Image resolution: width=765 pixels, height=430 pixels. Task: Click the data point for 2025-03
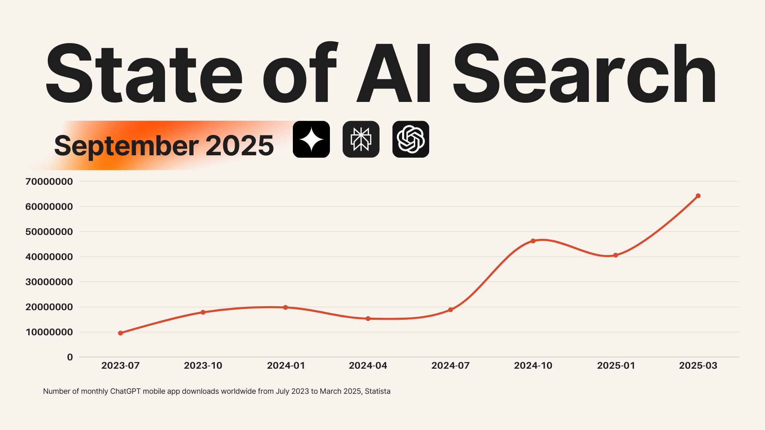tap(698, 196)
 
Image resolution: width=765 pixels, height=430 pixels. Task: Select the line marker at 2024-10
tap(533, 241)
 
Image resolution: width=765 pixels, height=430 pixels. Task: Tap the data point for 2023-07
tap(121, 333)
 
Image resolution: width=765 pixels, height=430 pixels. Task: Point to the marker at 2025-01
tap(616, 255)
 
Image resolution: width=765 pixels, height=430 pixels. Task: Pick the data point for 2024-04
tap(368, 319)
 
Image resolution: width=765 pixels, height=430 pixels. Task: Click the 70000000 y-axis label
tap(49, 182)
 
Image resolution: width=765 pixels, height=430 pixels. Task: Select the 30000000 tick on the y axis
tap(49, 282)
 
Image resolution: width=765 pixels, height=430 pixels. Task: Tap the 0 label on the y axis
tap(70, 357)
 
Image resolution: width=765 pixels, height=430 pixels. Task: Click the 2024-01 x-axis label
tap(286, 365)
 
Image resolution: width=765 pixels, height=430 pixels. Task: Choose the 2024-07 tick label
tap(450, 365)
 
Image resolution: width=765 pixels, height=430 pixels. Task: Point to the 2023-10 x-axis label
tap(203, 365)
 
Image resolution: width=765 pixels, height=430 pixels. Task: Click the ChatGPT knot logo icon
tap(411, 139)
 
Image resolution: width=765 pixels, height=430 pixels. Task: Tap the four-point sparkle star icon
tap(311, 139)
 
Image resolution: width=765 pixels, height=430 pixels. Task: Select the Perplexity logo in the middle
tap(361, 139)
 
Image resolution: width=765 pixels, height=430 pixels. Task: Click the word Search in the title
tap(584, 74)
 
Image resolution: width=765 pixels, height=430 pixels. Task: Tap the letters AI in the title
tap(394, 74)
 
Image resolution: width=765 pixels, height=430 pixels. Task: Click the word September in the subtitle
tap(126, 146)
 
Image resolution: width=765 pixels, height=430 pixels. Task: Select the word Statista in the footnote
tap(377, 391)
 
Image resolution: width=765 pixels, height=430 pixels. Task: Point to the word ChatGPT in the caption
tap(125, 391)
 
